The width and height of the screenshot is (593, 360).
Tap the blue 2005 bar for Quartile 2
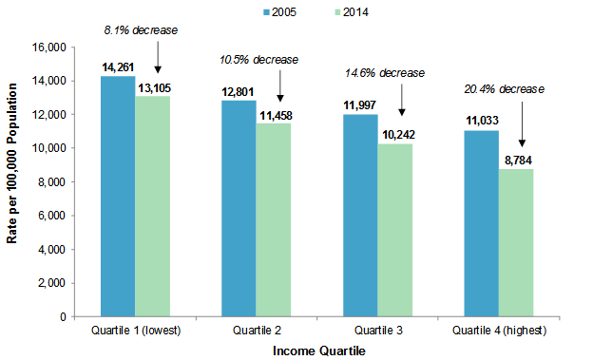tap(239, 208)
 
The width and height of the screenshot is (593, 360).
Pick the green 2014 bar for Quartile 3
tap(394, 229)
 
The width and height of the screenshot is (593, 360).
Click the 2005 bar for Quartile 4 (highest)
tap(481, 222)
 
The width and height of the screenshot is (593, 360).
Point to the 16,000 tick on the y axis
tap(47, 47)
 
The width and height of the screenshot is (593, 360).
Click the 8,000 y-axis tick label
tap(49, 182)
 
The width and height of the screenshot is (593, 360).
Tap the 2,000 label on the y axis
tap(49, 283)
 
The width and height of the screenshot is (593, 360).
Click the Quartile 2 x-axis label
tap(256, 331)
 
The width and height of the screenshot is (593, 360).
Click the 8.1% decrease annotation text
tap(141, 30)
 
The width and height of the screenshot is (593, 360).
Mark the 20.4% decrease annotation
tap(505, 88)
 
